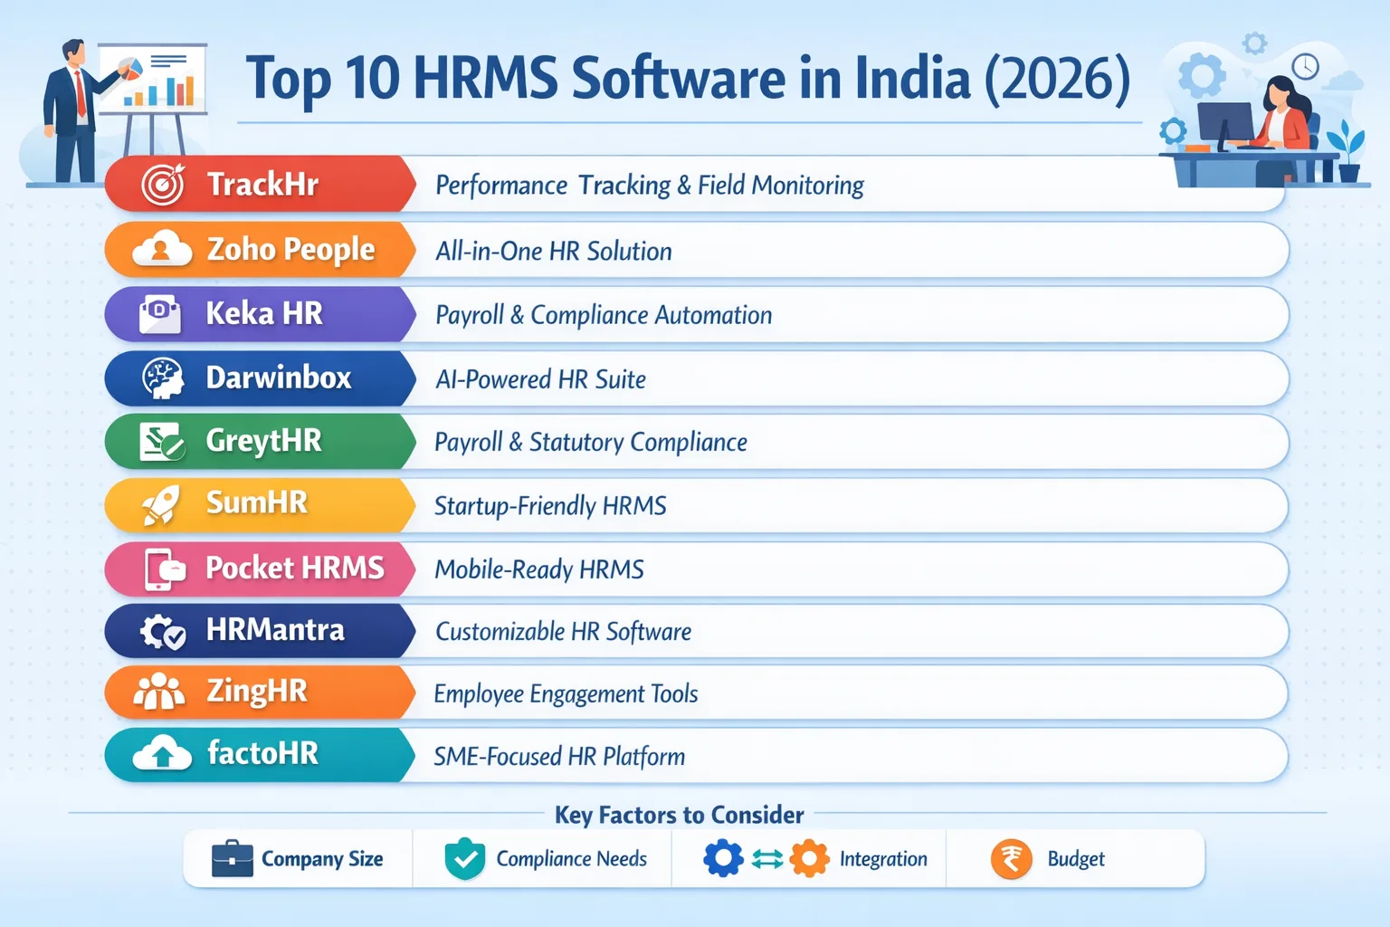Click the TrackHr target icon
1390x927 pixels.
(x=163, y=185)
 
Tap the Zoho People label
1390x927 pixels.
(x=290, y=249)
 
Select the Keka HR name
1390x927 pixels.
(x=264, y=313)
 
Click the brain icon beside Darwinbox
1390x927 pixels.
(x=163, y=377)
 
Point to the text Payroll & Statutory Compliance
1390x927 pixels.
(x=591, y=443)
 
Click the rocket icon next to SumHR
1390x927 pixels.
(x=161, y=504)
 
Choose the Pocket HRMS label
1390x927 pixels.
(x=295, y=568)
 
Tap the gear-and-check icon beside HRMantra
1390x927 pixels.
(x=163, y=631)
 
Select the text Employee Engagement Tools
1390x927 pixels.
(x=566, y=694)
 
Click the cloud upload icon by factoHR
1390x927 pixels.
(x=162, y=754)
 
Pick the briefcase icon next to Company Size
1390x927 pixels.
(x=232, y=859)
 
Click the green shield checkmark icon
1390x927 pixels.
(x=465, y=859)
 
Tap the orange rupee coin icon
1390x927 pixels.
(x=1011, y=859)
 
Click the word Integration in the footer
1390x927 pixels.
(x=883, y=859)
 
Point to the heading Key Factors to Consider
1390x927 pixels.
(x=679, y=815)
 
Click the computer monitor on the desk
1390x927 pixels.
(x=1225, y=123)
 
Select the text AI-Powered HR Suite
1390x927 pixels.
(x=541, y=379)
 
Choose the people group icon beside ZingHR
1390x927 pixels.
(x=159, y=692)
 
